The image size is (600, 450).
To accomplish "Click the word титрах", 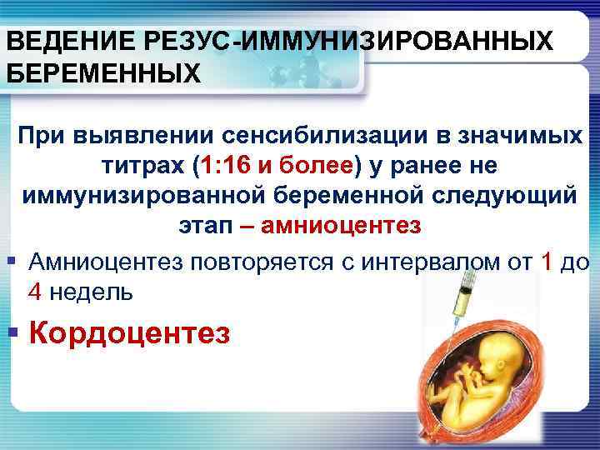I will [143, 165].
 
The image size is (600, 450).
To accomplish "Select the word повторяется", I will [251, 263].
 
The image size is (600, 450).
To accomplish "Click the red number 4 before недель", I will [35, 293].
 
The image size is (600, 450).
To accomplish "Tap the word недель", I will [89, 293].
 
